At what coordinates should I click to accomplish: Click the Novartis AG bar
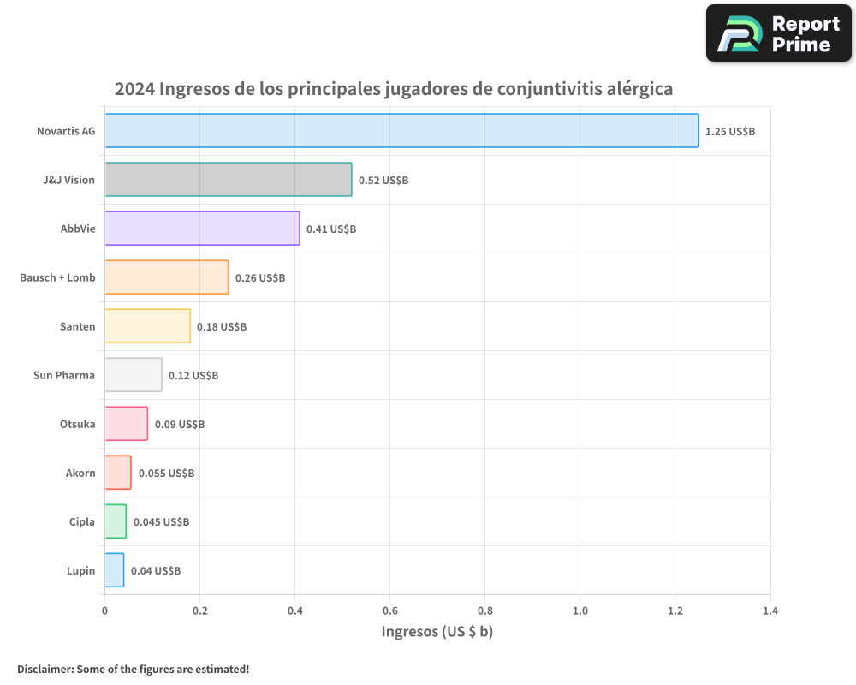(x=401, y=131)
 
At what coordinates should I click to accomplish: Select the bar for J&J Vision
(x=228, y=180)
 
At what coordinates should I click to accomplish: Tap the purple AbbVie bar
(x=202, y=229)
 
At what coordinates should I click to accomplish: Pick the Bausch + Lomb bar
(x=166, y=277)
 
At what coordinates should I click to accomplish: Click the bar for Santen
(x=147, y=326)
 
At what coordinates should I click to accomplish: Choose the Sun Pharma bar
(x=133, y=375)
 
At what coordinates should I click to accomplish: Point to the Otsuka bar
(x=126, y=424)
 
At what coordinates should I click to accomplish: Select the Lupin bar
(x=114, y=570)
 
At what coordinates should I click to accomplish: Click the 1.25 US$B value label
(x=730, y=132)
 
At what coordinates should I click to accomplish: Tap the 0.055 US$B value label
(x=166, y=474)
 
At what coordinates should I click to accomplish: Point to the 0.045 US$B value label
(x=161, y=522)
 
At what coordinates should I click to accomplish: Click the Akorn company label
(x=80, y=474)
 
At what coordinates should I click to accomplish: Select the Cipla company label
(x=82, y=522)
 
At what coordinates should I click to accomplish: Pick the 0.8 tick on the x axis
(x=484, y=611)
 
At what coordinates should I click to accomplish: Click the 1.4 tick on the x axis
(x=770, y=611)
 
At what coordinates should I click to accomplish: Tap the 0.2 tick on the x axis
(x=199, y=611)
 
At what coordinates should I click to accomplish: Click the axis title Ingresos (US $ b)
(x=437, y=632)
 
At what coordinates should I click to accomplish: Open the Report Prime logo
(x=778, y=33)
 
